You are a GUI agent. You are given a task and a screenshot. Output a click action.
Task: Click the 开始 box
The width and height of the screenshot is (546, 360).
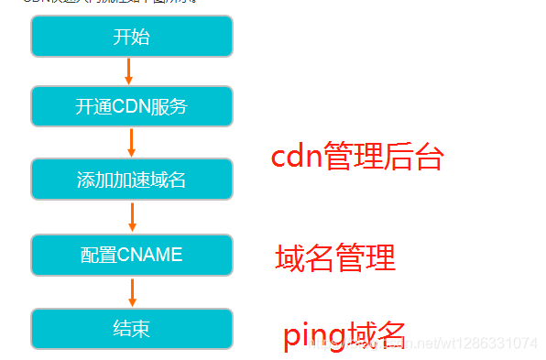point(132,37)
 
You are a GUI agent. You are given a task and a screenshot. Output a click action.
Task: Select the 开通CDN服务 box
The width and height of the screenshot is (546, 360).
point(132,106)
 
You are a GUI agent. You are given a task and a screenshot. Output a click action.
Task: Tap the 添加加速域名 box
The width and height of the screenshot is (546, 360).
point(132,179)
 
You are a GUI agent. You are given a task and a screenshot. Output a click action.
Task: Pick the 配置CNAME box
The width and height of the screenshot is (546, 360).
point(132,254)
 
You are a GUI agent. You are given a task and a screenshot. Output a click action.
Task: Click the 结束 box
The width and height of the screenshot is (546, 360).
point(132,328)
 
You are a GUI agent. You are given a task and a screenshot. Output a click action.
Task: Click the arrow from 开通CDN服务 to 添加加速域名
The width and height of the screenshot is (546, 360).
point(132,142)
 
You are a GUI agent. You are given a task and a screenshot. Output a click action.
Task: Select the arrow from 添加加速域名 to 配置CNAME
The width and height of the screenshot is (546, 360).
point(132,216)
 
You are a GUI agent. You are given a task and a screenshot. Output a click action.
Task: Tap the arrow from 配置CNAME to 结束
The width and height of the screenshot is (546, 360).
point(132,291)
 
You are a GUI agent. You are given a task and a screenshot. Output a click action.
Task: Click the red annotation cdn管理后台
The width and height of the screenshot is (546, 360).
point(357,158)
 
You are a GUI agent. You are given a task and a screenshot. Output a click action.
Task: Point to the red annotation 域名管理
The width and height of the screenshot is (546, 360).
point(335,258)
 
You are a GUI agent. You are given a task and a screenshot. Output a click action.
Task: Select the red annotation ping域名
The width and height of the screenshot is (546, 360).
point(344,335)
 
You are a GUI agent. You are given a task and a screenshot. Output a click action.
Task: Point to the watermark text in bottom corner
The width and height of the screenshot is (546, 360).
point(431,343)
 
